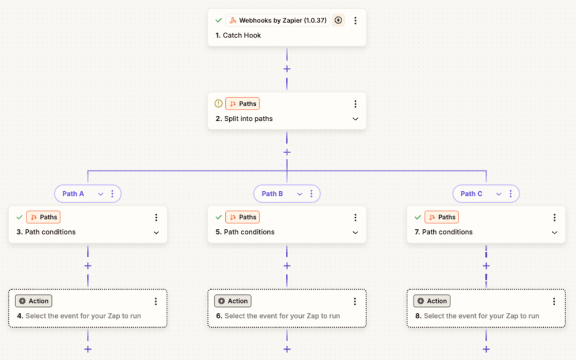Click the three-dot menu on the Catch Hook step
[355, 21]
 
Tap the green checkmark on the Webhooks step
[218, 21]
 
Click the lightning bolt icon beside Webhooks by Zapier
[338, 20]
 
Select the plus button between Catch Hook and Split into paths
[287, 69]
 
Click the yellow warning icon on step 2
[218, 104]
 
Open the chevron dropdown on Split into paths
[355, 119]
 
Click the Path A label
[73, 194]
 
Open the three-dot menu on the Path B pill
[312, 194]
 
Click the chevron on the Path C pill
[498, 194]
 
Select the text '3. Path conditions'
[46, 232]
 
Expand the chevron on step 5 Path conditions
[355, 233]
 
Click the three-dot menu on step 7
[554, 218]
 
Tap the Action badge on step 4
[34, 301]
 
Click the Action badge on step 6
[233, 301]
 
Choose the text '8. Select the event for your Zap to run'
[477, 316]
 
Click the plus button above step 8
[486, 266]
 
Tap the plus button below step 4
[88, 350]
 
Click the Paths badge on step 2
[242, 104]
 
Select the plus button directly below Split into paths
[287, 153]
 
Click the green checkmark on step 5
[218, 217]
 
